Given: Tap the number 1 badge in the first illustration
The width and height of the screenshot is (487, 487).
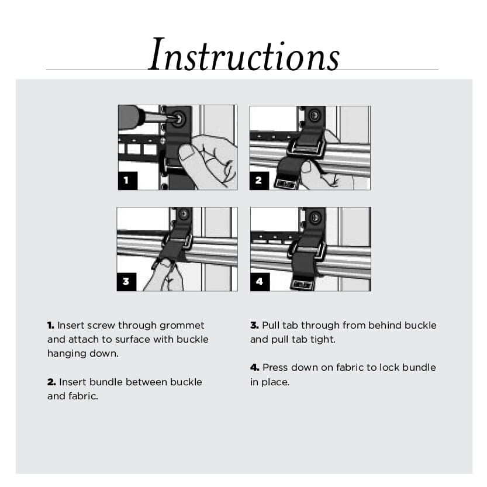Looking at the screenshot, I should (127, 181).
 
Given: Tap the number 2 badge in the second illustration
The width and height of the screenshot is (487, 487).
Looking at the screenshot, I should (259, 181).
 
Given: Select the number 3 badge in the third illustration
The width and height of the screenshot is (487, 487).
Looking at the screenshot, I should (127, 281).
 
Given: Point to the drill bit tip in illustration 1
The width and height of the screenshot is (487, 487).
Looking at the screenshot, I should (167, 119).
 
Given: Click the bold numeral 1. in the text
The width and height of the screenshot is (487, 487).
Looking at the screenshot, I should (51, 325).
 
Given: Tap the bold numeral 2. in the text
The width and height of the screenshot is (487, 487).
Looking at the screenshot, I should (51, 382).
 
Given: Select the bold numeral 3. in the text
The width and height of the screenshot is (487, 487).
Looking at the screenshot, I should (254, 325).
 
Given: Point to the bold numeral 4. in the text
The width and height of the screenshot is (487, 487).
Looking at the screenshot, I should (255, 368).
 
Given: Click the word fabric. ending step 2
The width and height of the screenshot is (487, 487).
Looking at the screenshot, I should (82, 396).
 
